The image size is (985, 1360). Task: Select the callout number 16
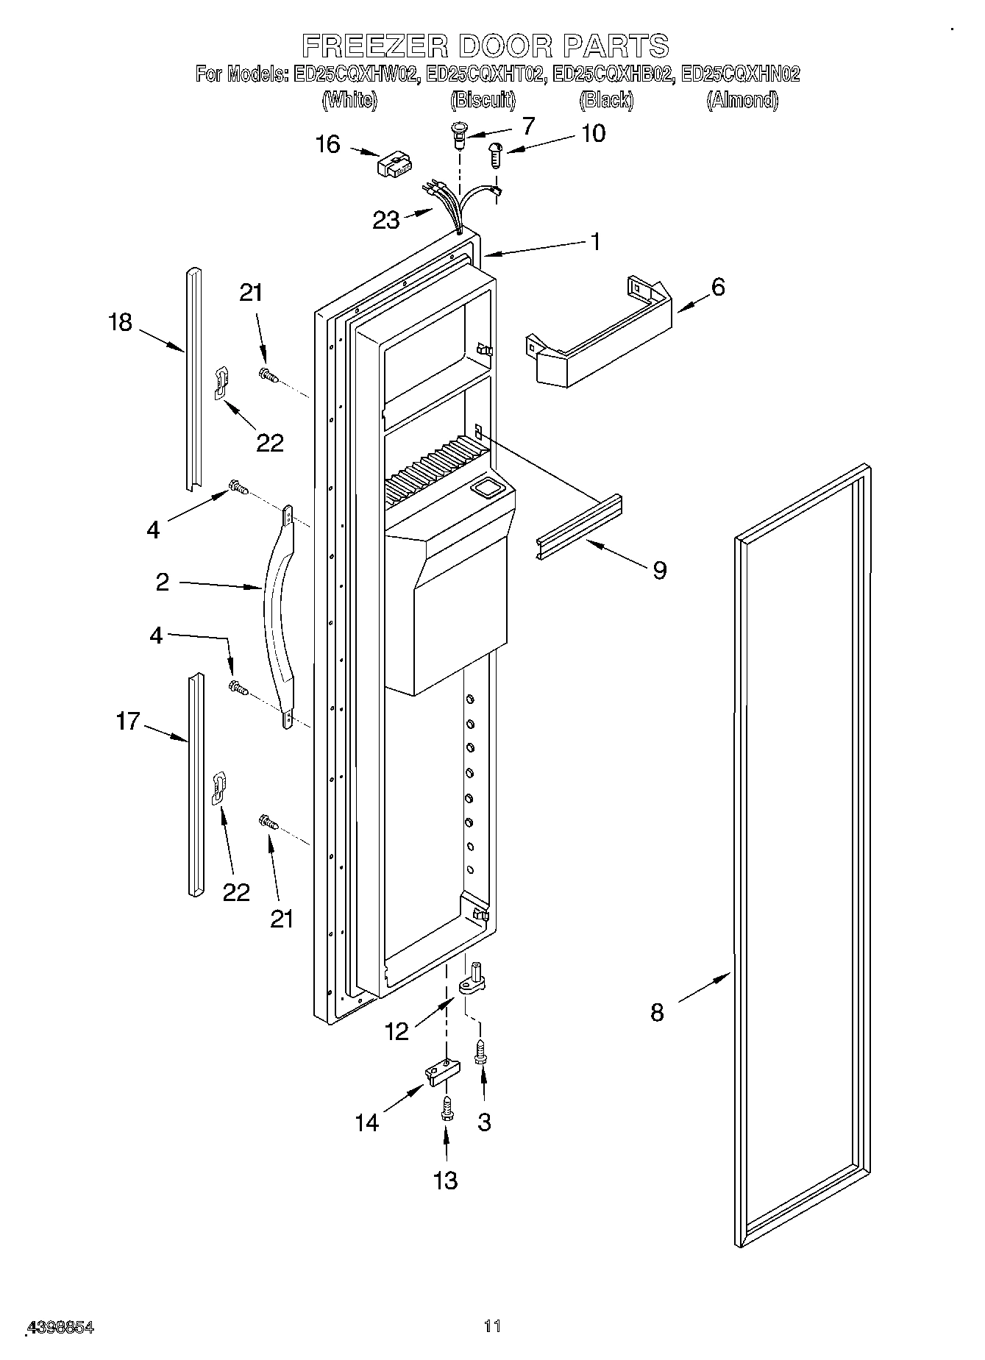(x=328, y=145)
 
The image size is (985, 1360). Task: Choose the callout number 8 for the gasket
(x=657, y=1013)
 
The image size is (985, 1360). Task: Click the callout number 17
(x=127, y=721)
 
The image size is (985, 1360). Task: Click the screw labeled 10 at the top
(x=495, y=155)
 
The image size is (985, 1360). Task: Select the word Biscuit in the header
(x=483, y=100)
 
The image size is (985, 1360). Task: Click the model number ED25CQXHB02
(x=612, y=74)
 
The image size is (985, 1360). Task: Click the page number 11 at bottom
(x=492, y=1326)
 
